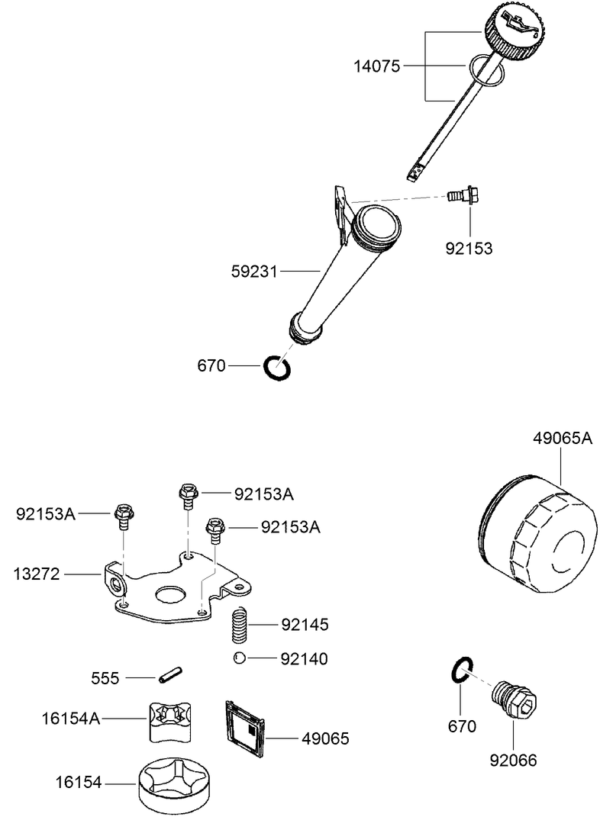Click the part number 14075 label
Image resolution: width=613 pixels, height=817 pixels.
[x=376, y=66]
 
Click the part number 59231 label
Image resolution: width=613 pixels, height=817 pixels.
[x=256, y=270]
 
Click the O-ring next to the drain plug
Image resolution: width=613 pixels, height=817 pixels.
[x=459, y=670]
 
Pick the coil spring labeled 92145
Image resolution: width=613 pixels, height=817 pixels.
[x=242, y=624]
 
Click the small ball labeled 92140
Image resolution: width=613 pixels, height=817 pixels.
[x=239, y=658]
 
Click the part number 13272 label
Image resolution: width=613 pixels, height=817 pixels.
[x=37, y=572]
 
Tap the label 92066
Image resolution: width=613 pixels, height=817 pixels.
[x=513, y=760]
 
